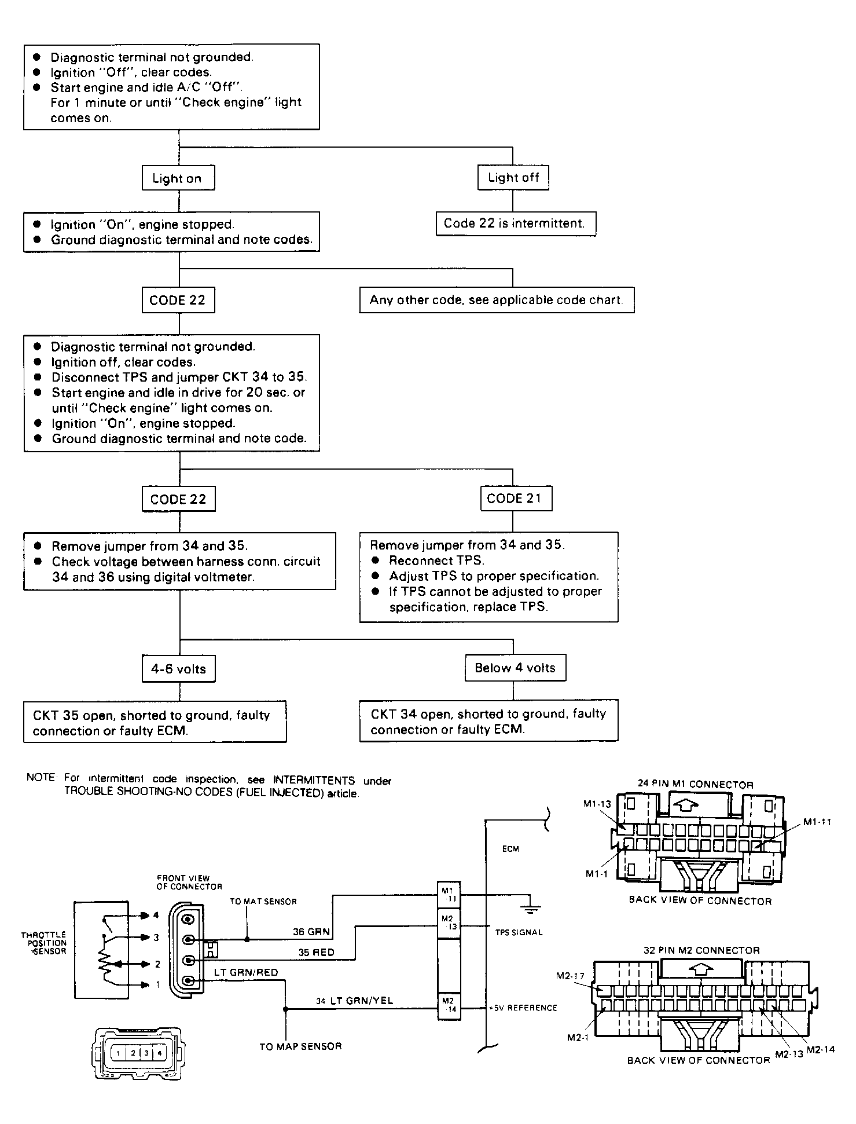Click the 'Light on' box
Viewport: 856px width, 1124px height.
[178, 178]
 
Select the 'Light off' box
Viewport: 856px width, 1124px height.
[513, 177]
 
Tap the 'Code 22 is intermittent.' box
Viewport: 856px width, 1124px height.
[516, 224]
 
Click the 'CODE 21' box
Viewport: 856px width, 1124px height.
[516, 499]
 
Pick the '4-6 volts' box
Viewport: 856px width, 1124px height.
[179, 669]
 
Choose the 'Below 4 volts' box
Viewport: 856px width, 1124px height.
[515, 668]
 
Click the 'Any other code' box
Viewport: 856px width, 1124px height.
[497, 300]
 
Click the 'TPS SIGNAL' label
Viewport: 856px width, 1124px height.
[519, 932]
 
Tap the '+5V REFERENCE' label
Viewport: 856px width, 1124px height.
[523, 1008]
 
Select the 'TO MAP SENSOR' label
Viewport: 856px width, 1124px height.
[300, 1046]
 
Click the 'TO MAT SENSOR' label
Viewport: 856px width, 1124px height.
[263, 902]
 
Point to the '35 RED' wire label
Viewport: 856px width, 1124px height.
[316, 952]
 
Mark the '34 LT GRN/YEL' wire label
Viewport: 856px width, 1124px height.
[354, 1001]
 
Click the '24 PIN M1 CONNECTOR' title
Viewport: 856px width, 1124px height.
[696, 785]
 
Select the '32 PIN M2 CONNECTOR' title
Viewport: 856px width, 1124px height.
[701, 950]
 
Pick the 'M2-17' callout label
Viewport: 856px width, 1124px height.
[570, 976]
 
